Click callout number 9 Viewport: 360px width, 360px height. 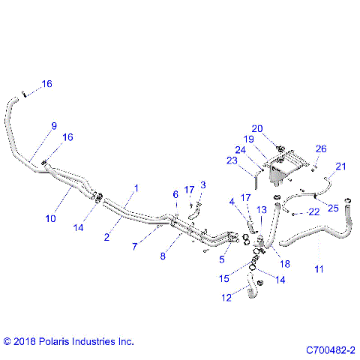(x=53, y=127)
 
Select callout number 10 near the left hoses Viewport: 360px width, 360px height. (x=50, y=219)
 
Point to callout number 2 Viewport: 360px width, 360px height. (x=107, y=237)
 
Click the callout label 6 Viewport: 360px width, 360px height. (x=175, y=194)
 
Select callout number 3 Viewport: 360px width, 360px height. (x=202, y=184)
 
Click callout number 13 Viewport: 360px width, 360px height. (x=261, y=210)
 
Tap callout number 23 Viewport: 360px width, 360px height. (x=233, y=159)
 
